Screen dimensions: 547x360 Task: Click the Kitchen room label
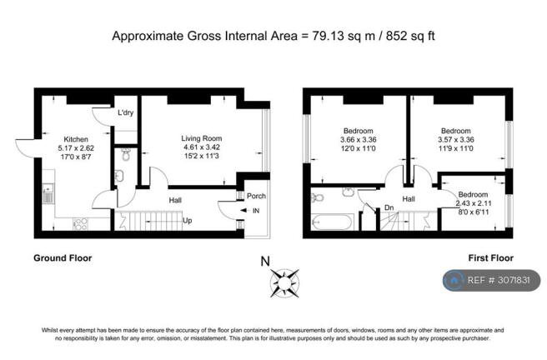tap(76, 139)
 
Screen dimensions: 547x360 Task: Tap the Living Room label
tap(201, 138)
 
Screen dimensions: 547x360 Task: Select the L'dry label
tap(126, 112)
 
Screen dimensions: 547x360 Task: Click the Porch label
tap(256, 196)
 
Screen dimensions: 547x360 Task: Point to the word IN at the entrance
tap(256, 211)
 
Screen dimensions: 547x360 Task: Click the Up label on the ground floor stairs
tap(188, 221)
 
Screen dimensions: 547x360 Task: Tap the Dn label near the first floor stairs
tap(389, 207)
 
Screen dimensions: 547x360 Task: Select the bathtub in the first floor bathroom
tap(333, 222)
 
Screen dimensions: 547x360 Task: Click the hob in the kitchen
tap(81, 223)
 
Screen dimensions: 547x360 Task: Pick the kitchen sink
tap(47, 194)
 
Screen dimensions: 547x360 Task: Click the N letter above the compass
tap(265, 262)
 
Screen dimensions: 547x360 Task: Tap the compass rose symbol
tap(284, 283)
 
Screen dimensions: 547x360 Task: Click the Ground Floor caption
tap(63, 258)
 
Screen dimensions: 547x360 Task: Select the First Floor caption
tap(491, 258)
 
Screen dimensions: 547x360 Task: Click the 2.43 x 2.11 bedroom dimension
tap(474, 203)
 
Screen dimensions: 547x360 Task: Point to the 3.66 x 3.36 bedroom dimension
tap(359, 140)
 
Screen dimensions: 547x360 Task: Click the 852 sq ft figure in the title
tap(410, 36)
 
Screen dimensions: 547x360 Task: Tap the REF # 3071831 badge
tap(492, 280)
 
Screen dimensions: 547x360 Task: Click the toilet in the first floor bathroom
tap(317, 198)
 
